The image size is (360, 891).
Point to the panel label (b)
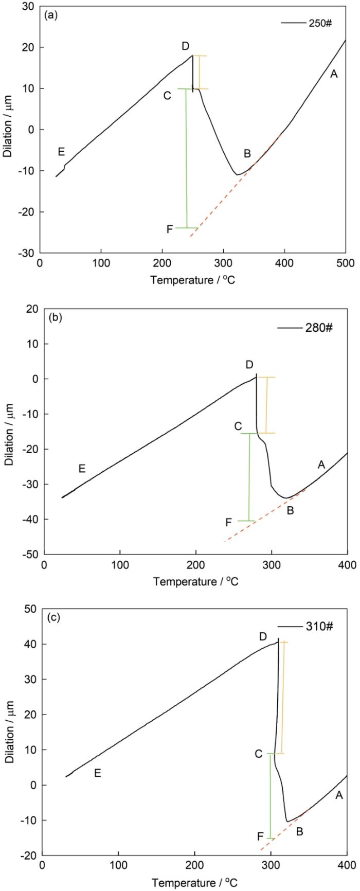pyautogui.click(x=55, y=317)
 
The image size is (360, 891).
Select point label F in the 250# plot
pyautogui.click(x=169, y=229)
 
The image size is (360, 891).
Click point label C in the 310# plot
pyautogui.click(x=258, y=754)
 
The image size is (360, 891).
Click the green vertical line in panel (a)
pyautogui.click(x=187, y=159)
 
